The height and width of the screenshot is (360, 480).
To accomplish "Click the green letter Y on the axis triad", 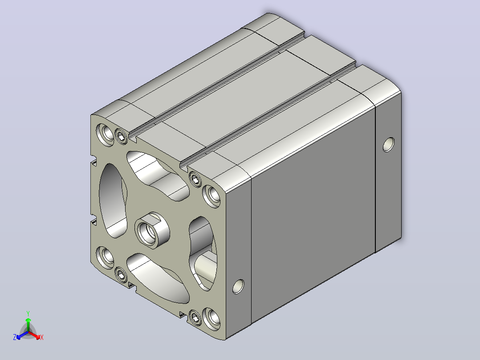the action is click(28, 313).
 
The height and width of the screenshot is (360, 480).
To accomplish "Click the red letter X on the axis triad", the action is click(42, 337).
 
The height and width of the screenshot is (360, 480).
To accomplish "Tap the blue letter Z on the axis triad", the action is click(15, 337).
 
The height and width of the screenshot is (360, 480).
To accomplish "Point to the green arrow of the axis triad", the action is click(28, 325).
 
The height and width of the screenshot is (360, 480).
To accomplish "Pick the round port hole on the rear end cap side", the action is click(388, 145).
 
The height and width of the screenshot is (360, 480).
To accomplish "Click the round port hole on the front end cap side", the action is click(239, 286).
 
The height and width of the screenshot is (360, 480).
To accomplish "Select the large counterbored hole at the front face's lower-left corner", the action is click(105, 258).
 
